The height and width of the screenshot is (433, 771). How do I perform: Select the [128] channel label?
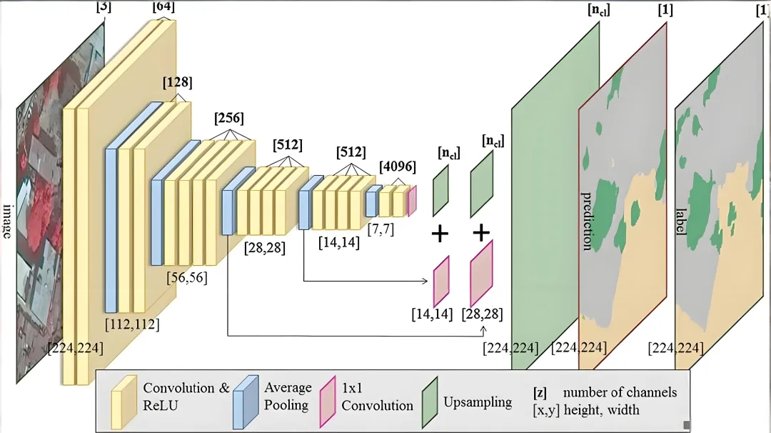pos(177,83)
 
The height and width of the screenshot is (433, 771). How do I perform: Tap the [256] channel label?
pos(228,118)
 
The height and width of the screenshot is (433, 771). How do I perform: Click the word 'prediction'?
pos(587,221)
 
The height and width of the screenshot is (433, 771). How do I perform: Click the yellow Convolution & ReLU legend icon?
pos(124,400)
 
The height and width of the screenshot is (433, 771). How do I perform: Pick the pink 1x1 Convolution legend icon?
pos(327,400)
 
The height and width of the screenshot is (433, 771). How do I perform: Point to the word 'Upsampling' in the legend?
pos(478,402)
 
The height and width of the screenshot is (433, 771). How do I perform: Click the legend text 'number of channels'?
pos(620,392)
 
